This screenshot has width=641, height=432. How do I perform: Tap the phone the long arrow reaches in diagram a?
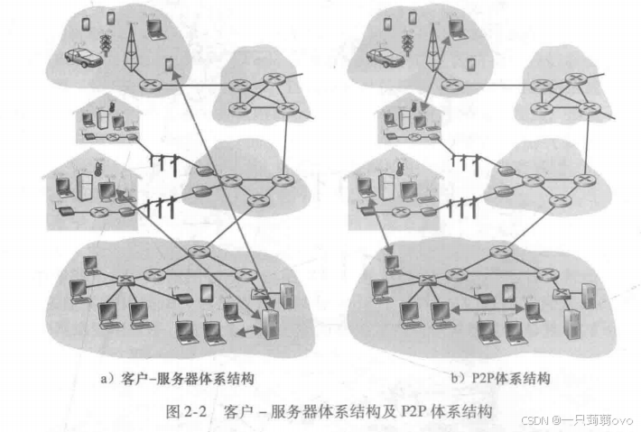pos(170,64)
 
